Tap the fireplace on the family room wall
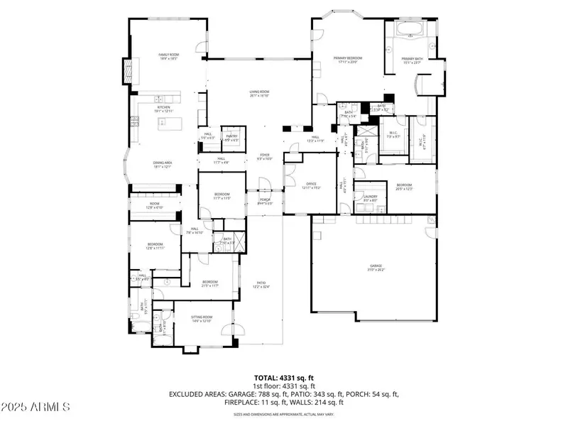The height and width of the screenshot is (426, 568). click(129, 71)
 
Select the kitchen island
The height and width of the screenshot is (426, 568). click(168, 124)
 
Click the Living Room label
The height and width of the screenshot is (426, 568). click(258, 93)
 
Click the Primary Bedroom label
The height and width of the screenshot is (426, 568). click(349, 60)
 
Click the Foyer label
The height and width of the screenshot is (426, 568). click(264, 156)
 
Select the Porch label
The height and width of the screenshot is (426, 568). click(264, 201)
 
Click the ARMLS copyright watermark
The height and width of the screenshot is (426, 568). click(35, 408)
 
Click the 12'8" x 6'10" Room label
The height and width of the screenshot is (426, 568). click(155, 206)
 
